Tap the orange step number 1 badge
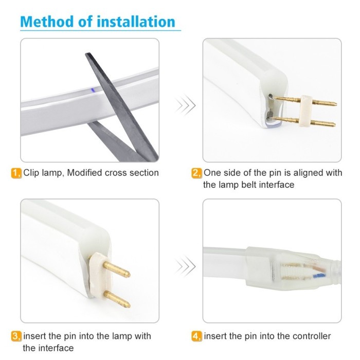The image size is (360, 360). [x=15, y=173]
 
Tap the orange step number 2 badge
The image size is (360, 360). [x=196, y=173]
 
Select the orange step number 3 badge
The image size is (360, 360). [x=15, y=336]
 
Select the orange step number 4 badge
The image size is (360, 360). [x=196, y=336]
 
